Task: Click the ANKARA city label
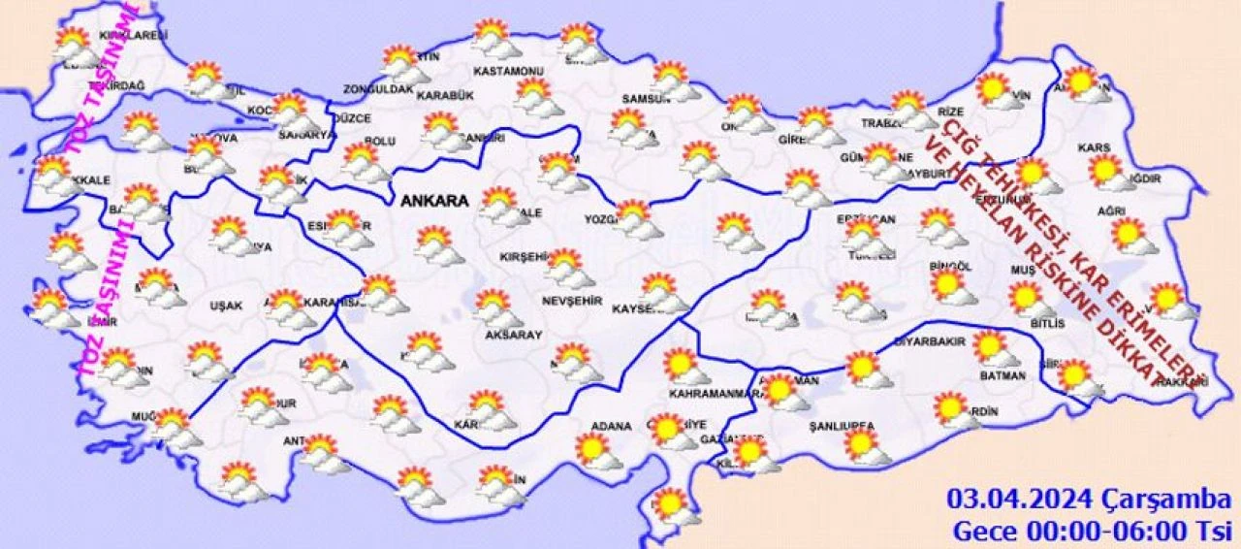coord(432,202)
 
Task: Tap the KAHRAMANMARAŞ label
coord(713,395)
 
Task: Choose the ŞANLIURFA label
coord(842,427)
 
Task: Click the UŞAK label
coord(226,306)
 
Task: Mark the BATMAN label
coord(1002,374)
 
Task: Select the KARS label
coord(1093,148)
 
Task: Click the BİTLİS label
coord(1048,323)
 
